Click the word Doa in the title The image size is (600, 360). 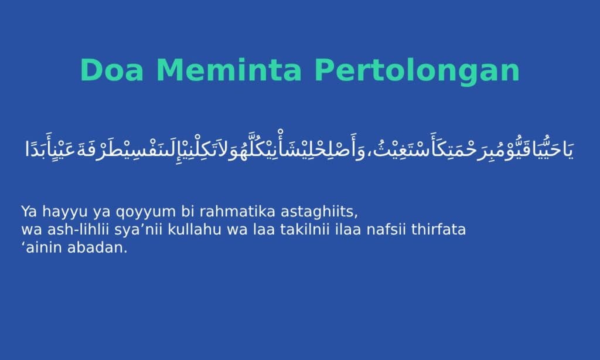tap(112, 70)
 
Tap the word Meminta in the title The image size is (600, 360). tap(229, 70)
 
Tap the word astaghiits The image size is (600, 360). tap(319, 212)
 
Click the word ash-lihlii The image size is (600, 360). tap(79, 229)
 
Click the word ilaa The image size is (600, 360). tap(348, 229)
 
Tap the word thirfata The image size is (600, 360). tap(438, 229)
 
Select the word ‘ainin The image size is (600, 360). tap(42, 247)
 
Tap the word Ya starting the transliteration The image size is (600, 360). tap(29, 212)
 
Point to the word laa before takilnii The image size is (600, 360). tap(264, 229)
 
